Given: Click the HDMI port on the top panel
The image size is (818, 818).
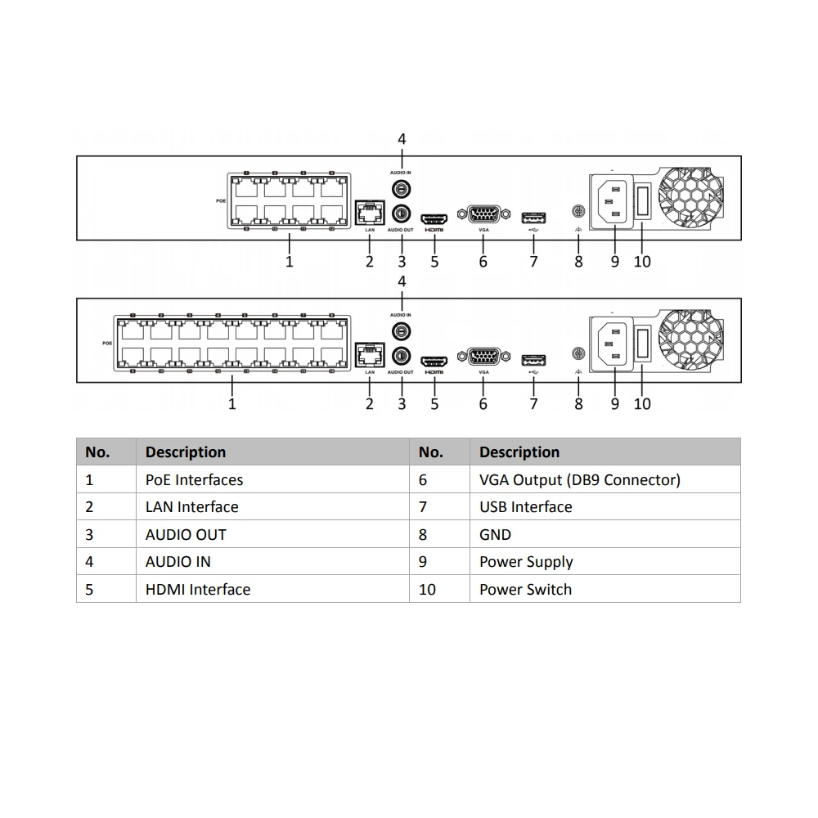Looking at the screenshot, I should [434, 218].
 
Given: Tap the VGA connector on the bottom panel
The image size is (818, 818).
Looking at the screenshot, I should [483, 357].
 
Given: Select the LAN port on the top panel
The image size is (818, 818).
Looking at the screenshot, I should [370, 214].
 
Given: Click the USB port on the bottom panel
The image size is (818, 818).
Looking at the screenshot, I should [533, 359].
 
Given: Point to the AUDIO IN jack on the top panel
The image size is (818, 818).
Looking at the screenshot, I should [401, 189].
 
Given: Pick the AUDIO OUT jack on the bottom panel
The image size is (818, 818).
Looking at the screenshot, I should [401, 356].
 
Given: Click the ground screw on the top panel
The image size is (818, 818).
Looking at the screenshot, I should [578, 212].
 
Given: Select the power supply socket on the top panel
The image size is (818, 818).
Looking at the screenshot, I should [613, 200].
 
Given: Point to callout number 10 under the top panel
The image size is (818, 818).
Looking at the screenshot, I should [642, 262].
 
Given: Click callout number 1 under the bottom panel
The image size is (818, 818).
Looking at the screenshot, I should [232, 404].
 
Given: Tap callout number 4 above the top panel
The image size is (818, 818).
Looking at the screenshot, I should [402, 139].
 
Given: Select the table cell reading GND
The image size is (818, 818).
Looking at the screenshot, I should [495, 535].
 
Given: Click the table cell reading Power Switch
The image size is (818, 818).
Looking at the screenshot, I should [525, 590].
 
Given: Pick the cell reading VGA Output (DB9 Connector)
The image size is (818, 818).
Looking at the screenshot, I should [579, 480].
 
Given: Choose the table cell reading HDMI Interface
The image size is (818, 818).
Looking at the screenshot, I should [198, 590].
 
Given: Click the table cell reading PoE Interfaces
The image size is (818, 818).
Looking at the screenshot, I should [194, 480].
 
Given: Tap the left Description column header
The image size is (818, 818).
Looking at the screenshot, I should [186, 452].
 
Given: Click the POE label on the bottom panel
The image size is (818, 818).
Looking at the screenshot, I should [106, 343].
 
